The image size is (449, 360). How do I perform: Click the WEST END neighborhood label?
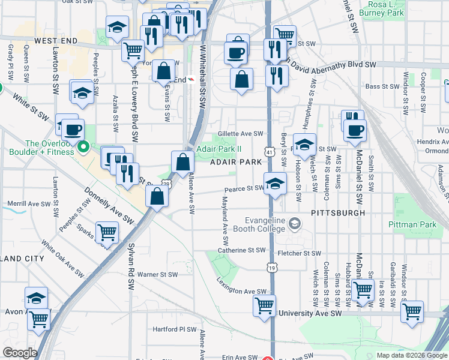[x=56, y=41]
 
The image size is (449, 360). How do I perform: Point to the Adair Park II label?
[x=220, y=149]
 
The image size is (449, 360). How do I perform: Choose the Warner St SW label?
[x=157, y=275]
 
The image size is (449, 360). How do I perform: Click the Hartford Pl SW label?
[x=175, y=329]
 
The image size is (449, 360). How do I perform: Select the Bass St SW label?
[x=381, y=86]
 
